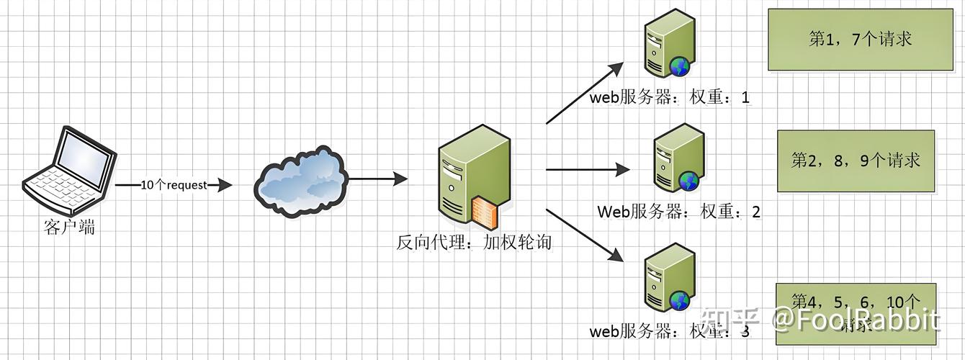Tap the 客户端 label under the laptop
(x=69, y=228)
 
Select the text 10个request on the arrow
(x=174, y=185)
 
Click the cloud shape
(x=300, y=183)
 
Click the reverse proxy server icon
(x=473, y=176)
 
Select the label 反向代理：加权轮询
(x=474, y=242)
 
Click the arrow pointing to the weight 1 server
(x=584, y=93)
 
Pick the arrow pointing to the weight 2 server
(x=588, y=170)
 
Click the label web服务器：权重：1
(x=670, y=98)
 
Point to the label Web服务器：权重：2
(x=678, y=212)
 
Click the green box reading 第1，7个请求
(x=860, y=40)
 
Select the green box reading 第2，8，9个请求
(x=855, y=161)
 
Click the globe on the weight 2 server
(x=688, y=181)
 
